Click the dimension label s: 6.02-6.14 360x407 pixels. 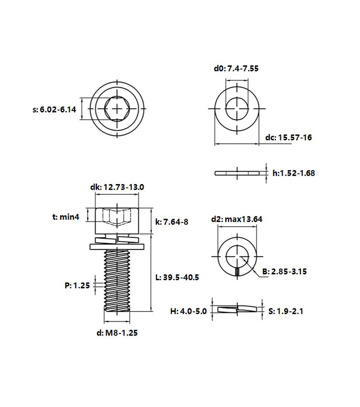pos(54,110)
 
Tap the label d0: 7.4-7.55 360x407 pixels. pos(236,69)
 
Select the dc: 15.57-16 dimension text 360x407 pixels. pos(288,137)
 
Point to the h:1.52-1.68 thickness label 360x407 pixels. pos(294,173)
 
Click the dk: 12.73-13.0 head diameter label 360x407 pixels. pos(117,187)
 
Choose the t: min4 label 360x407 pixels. pos(66,217)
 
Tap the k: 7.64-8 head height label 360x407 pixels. pos(172,222)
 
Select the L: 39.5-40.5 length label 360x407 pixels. pos(177,277)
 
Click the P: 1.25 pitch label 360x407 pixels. pos(77,285)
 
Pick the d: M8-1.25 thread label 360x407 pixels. pos(117,333)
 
